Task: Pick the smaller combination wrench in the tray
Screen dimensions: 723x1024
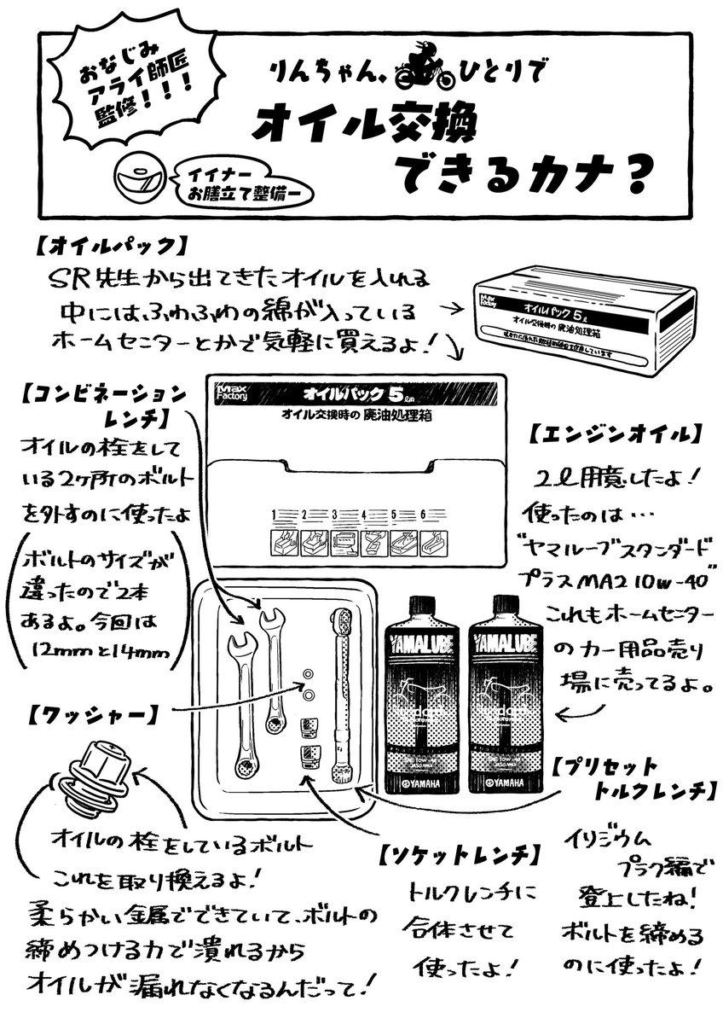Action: (x=273, y=670)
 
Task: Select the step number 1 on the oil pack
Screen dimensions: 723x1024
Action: (x=275, y=515)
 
